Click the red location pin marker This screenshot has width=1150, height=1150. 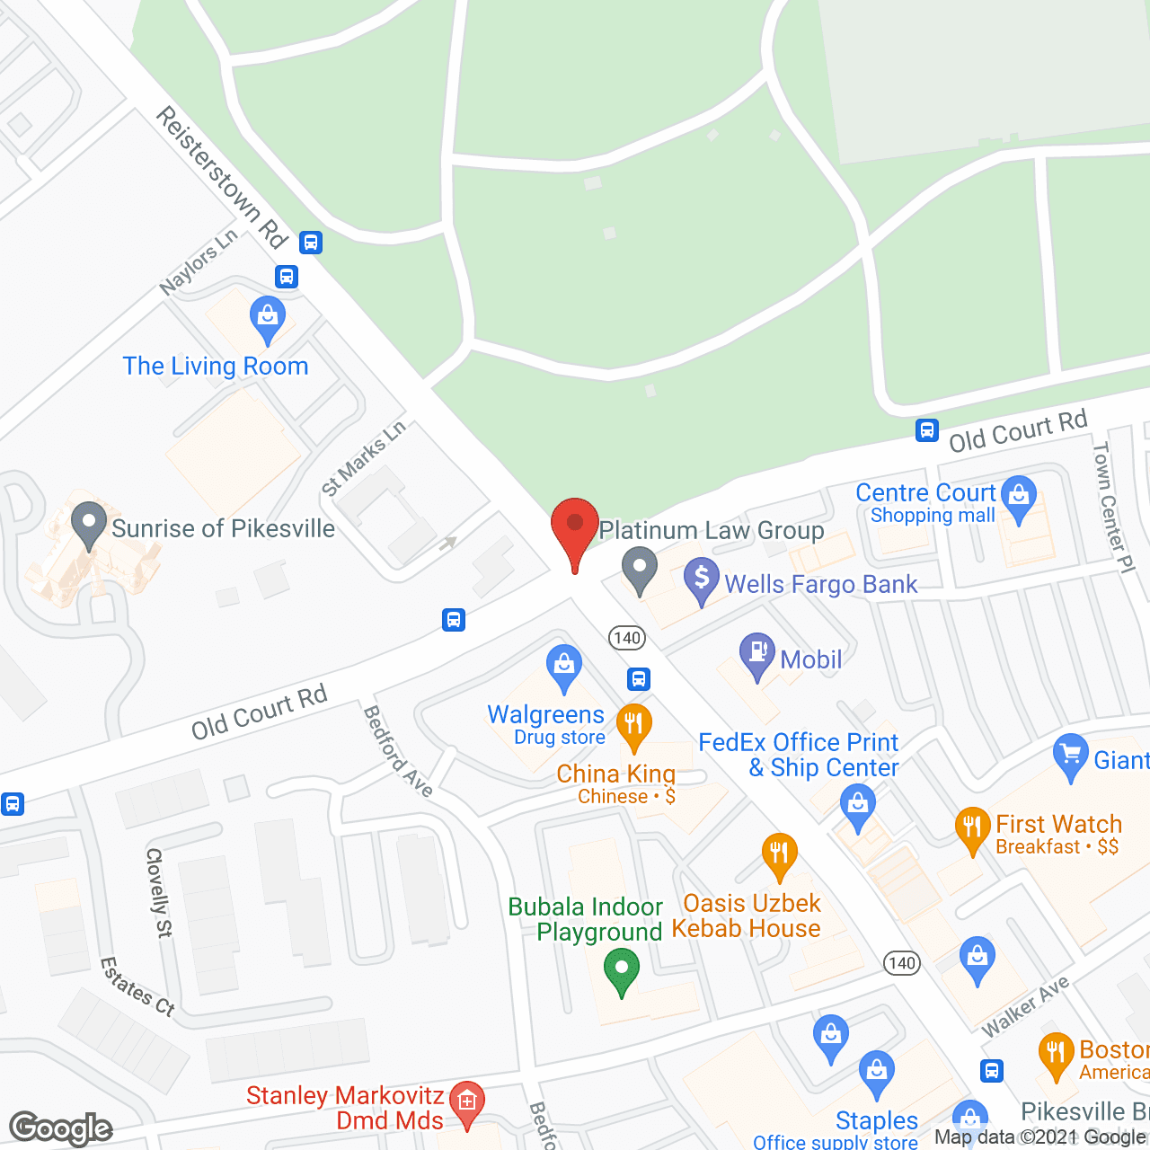(574, 530)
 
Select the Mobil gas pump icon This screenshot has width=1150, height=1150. (757, 655)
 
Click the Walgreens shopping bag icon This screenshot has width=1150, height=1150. (564, 668)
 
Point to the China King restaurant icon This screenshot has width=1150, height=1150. (634, 725)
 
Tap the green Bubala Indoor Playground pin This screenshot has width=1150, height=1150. (621, 972)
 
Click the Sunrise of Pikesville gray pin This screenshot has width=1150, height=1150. (89, 523)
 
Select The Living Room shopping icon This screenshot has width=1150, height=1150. (268, 317)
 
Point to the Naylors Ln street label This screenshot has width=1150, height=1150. (199, 261)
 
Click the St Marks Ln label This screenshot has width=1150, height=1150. (363, 458)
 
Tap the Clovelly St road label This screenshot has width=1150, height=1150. (158, 892)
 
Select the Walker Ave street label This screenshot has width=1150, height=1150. (1025, 1006)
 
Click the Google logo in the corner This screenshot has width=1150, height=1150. (61, 1128)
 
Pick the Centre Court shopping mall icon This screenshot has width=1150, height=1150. (1019, 497)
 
